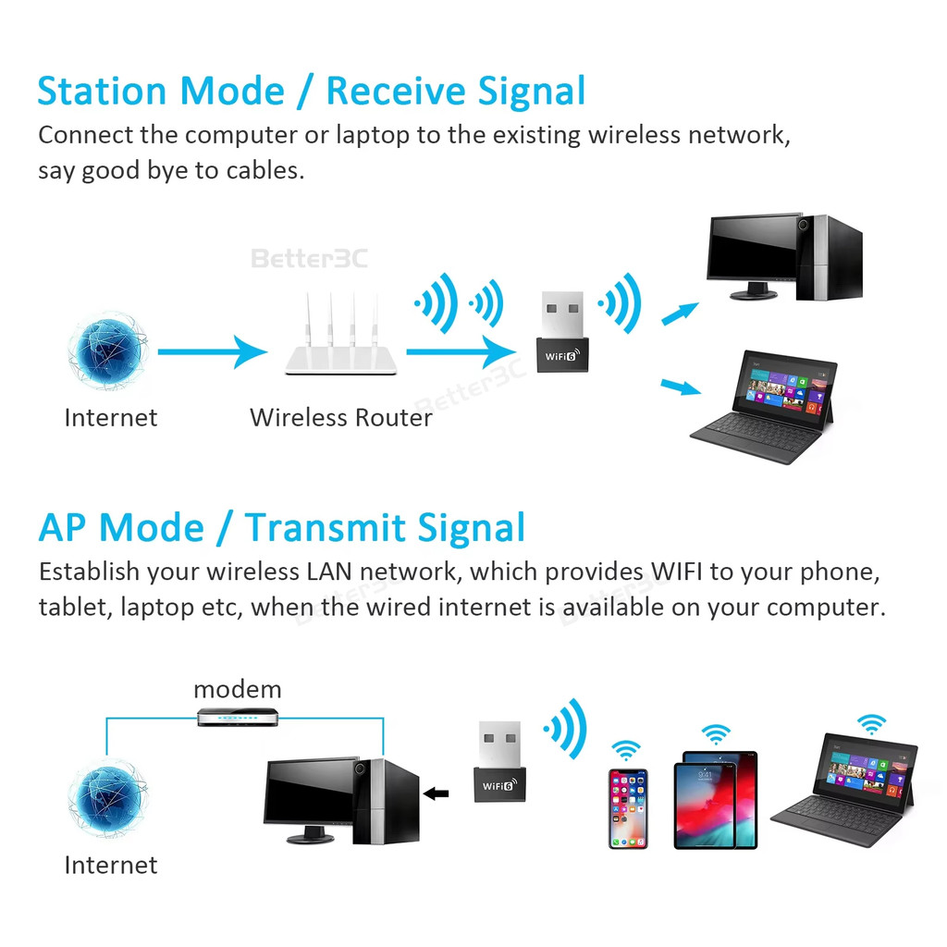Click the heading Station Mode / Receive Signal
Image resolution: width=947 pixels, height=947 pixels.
312,92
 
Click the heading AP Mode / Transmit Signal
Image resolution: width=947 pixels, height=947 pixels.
281,528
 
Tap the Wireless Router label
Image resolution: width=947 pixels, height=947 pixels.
340,417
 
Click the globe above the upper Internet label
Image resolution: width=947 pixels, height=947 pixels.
108,351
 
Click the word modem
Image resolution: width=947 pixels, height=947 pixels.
237,689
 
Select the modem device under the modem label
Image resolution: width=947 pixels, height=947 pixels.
237,717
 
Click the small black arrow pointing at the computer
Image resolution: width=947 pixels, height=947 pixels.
436,793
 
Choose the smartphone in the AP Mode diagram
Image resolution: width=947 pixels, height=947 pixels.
628,807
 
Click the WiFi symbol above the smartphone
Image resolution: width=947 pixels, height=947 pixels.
627,750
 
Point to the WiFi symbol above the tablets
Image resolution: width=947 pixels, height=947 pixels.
715,734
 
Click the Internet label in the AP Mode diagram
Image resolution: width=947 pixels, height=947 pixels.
110,865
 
